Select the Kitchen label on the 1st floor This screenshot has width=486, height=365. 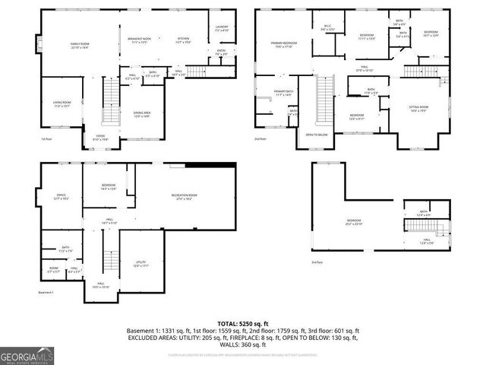pos(183,40)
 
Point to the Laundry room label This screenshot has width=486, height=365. pos(221,27)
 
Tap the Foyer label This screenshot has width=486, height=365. pos(101,137)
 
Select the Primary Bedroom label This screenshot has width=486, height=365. pos(284,45)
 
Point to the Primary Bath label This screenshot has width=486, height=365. pos(282,93)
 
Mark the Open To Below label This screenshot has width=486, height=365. pos(317,135)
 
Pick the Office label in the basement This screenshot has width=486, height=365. pos(61,196)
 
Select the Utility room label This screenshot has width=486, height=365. pos(140,263)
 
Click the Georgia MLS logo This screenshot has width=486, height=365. pos(25,355)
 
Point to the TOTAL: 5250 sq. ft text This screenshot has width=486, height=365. pos(242,323)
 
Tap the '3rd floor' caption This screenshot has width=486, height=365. pos(318,262)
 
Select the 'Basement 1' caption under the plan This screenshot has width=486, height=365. pos(46,292)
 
